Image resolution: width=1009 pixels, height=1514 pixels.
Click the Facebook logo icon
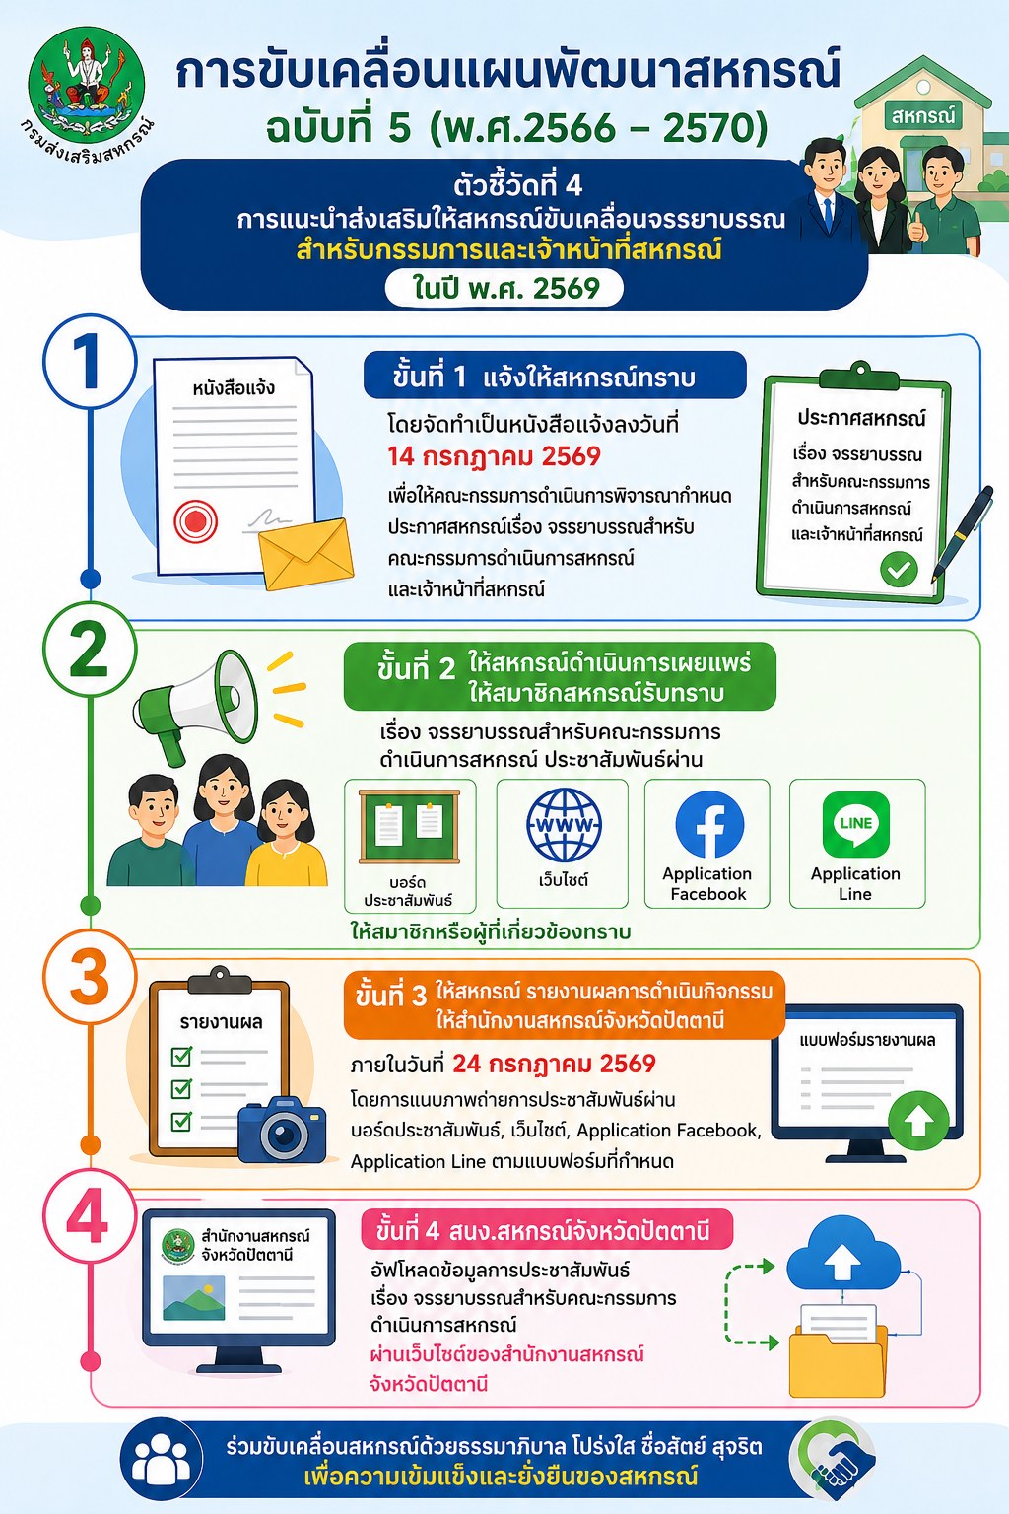click(x=708, y=824)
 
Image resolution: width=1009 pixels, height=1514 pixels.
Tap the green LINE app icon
click(x=855, y=823)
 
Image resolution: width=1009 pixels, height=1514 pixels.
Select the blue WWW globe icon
click(x=564, y=825)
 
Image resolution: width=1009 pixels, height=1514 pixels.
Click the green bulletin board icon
click(x=409, y=827)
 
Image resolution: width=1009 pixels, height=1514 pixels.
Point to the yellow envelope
click(x=306, y=553)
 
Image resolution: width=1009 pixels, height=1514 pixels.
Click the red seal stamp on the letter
click(x=195, y=521)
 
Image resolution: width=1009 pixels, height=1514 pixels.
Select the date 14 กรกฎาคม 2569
click(x=494, y=457)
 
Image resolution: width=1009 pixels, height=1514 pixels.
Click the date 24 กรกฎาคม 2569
click(x=554, y=1064)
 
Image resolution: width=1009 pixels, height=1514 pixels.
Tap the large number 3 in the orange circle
click(x=90, y=978)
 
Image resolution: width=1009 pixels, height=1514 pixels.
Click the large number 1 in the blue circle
click(x=89, y=362)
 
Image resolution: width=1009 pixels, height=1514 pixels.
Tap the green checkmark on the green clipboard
click(x=899, y=569)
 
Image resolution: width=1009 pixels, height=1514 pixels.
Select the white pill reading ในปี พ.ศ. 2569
click(x=504, y=288)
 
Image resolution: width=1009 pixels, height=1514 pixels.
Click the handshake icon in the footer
click(x=835, y=1460)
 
